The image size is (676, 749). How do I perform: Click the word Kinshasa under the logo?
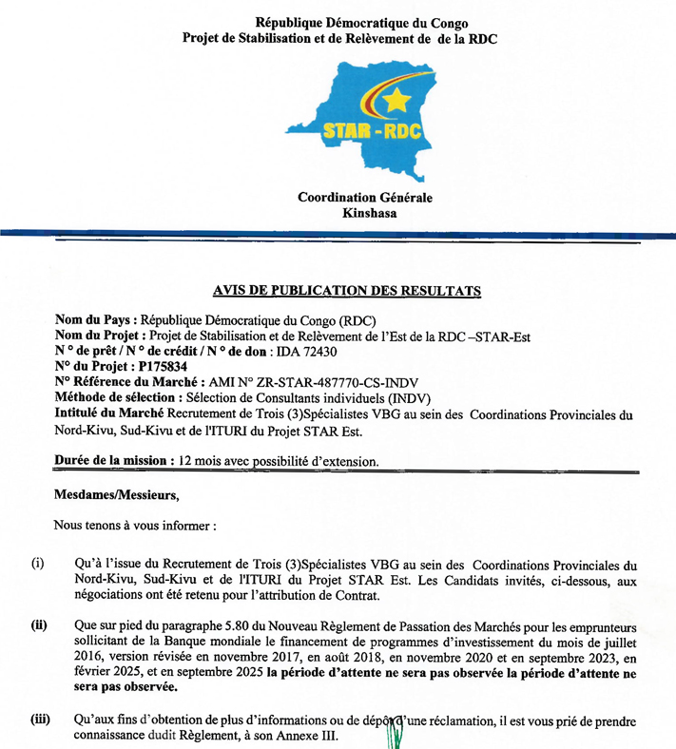click(365, 214)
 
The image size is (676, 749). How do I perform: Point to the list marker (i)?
click(38, 564)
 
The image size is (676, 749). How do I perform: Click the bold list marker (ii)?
click(40, 625)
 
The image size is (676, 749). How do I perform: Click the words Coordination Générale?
click(364, 198)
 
